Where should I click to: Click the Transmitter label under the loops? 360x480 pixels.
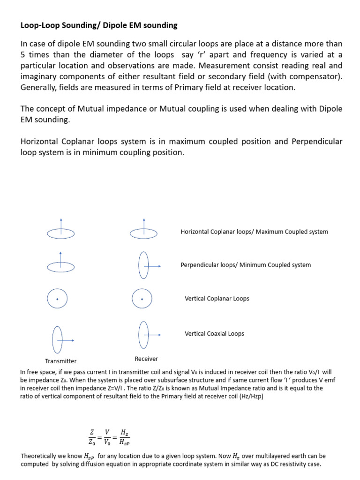[60, 361]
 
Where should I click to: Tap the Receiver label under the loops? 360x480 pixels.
[146, 359]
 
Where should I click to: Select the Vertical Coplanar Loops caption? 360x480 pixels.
[217, 299]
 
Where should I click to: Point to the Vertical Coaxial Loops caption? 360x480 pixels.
[214, 334]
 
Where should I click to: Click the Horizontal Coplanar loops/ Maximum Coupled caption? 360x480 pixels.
[254, 232]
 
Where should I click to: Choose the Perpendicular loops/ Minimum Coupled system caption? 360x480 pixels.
[246, 265]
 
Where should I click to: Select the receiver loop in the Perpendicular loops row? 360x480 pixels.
[143, 265]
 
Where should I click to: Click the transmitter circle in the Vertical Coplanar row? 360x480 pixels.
[58, 299]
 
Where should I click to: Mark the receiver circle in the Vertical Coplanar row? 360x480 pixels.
[142, 299]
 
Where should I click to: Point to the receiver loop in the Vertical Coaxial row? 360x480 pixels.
[143, 334]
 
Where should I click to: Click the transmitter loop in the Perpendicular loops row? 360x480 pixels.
[61, 266]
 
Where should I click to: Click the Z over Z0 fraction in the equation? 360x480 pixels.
[91, 437]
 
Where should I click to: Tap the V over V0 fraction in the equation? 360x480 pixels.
[107, 437]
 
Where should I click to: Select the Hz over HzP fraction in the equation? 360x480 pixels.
[124, 437]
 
